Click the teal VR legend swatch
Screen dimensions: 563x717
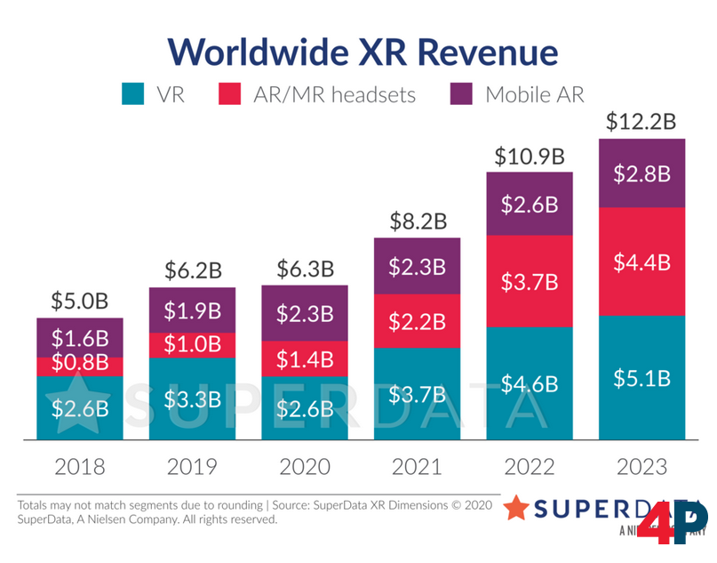[132, 93]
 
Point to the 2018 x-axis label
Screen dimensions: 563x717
[80, 467]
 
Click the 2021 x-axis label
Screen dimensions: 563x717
[418, 467]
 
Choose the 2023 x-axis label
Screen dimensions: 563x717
[642, 467]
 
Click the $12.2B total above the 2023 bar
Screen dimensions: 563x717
[642, 121]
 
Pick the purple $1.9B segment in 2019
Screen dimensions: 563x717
[192, 310]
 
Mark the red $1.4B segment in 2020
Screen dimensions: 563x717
[305, 358]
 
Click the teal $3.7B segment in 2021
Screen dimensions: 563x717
[418, 392]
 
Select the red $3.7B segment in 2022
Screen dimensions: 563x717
[530, 282]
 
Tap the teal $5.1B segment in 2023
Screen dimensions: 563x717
[642, 377]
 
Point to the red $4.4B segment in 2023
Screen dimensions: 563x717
[642, 262]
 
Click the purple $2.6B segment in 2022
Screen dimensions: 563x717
[530, 204]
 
